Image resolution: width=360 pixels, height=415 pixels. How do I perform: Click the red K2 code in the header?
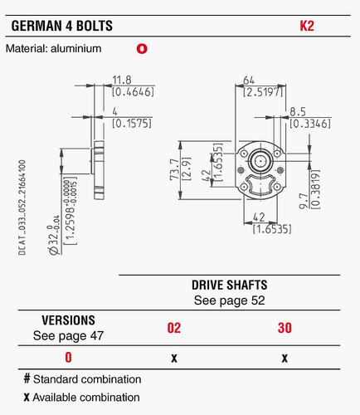[307, 26]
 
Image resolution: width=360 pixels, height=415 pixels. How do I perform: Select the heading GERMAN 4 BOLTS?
[62, 26]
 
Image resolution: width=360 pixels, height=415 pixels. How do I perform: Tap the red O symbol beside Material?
[142, 49]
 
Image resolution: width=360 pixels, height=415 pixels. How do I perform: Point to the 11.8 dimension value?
[122, 80]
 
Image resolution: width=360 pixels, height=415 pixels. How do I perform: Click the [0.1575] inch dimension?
[132, 124]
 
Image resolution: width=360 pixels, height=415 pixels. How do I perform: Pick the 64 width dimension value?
[249, 80]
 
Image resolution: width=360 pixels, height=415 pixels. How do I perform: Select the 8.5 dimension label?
[298, 112]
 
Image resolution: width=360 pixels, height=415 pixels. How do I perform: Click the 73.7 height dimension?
[175, 169]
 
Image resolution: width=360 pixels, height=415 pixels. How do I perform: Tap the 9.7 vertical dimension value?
[304, 201]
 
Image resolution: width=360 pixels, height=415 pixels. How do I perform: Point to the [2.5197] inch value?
[263, 92]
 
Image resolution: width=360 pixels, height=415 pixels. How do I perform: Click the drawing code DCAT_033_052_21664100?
[22, 207]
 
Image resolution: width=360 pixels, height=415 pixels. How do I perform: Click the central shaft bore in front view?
[260, 160]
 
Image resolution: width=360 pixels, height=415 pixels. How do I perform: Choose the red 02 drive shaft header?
[174, 328]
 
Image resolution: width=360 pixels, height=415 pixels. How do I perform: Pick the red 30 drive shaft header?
[285, 328]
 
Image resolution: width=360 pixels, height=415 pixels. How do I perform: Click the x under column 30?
[285, 359]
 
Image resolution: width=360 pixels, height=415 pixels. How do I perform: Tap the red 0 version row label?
[68, 357]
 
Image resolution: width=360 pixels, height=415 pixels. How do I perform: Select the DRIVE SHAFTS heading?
[230, 285]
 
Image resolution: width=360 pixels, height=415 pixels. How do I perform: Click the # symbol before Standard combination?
[27, 378]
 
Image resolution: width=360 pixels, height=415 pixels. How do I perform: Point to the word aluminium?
[76, 49]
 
